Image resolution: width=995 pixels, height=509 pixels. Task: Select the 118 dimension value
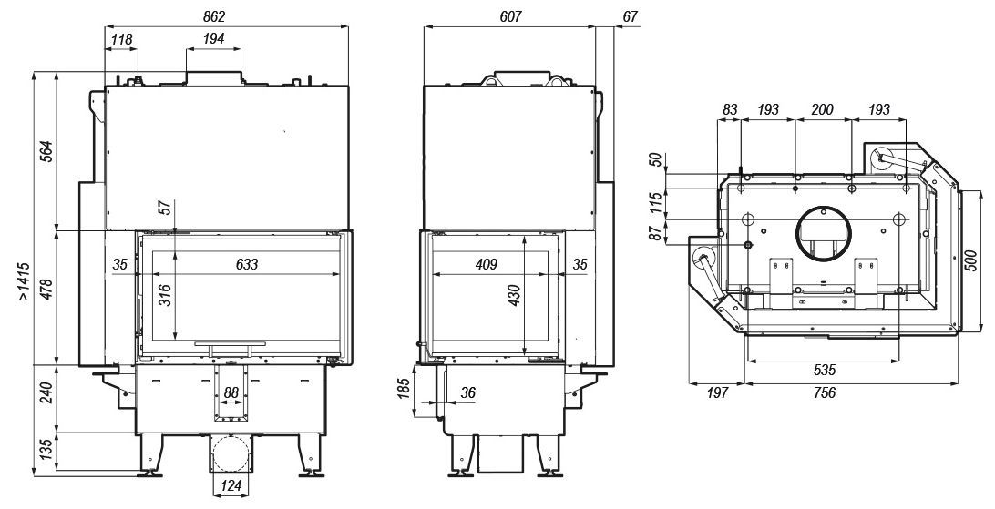coord(121,39)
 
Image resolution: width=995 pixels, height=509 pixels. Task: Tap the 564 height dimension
coord(47,151)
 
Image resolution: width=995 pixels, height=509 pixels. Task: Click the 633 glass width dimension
coord(246,264)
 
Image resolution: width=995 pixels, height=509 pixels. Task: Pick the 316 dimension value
coord(164,295)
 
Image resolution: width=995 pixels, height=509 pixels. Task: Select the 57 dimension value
coord(166,207)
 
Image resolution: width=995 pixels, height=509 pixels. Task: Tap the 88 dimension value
coord(231,393)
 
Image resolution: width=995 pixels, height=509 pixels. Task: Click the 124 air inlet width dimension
coord(231,487)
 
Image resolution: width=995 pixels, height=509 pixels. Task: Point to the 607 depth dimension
coord(510,16)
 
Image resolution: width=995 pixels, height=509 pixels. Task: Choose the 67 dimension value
coord(630,16)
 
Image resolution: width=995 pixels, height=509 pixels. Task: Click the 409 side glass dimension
coord(486,264)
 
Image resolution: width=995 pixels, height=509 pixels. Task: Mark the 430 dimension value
coord(515,295)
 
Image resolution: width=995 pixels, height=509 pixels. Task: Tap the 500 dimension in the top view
coord(971,260)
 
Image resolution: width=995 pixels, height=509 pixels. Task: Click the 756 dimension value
coord(824,393)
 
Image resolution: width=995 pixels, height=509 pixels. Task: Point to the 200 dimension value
coord(823,109)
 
